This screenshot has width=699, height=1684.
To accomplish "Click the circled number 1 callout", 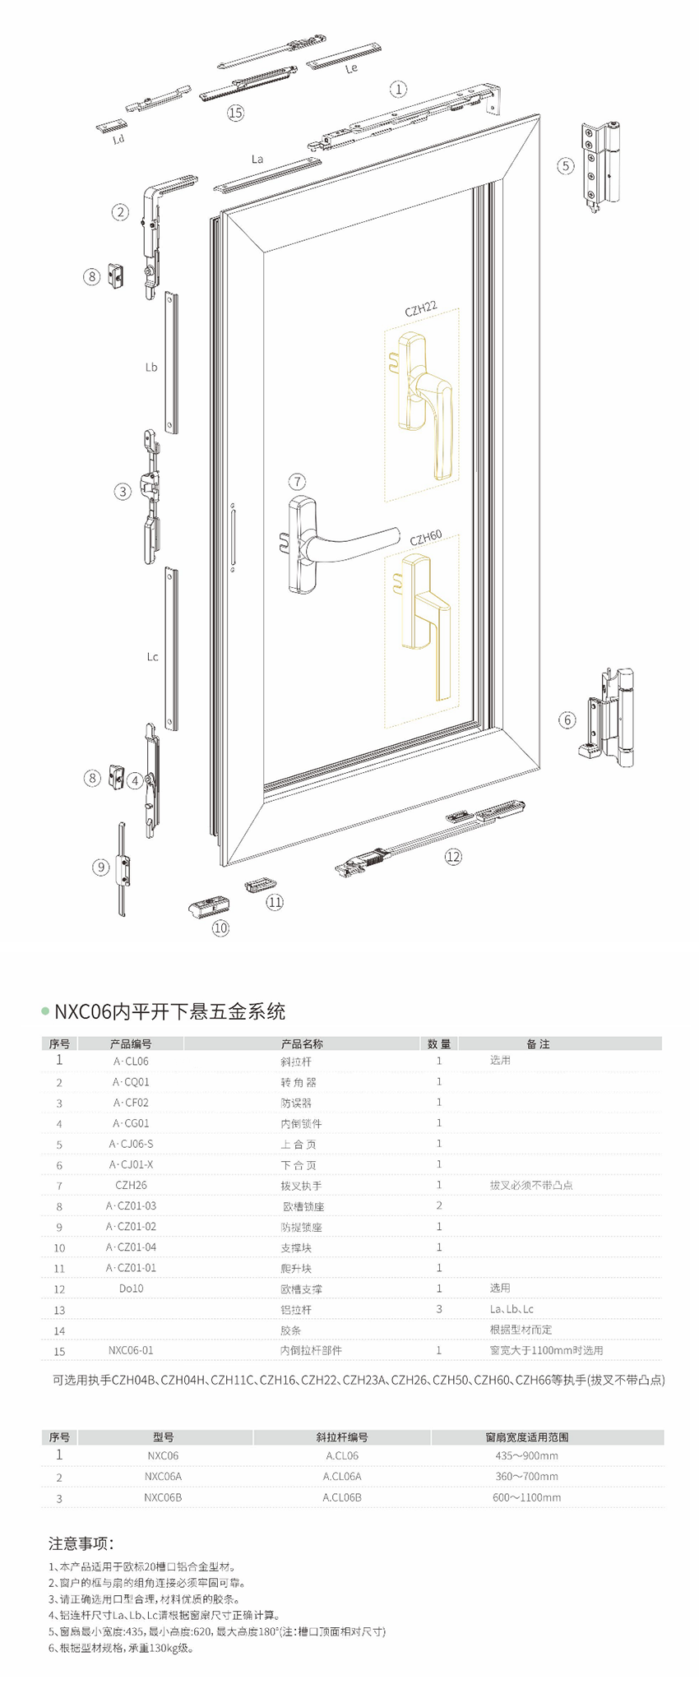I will point(398,89).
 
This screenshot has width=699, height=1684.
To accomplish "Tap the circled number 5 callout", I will point(565,166).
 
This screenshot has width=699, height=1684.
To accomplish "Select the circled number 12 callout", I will point(453,857).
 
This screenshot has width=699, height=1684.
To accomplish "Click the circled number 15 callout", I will point(236,113).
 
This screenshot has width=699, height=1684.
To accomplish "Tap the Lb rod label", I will point(151,368).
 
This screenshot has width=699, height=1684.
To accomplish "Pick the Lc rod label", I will point(152,657).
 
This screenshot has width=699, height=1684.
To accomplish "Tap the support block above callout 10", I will point(208,906).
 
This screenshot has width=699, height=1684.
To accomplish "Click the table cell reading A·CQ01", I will point(131,1082).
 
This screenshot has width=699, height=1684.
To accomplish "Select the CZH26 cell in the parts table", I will point(131,1185).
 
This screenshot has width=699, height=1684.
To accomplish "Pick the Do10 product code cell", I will point(131,1288).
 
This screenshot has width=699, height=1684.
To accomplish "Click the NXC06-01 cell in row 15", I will point(131,1350).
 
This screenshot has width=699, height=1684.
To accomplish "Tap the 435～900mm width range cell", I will point(526,1455).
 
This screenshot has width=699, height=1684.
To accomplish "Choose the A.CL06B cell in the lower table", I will point(342,1497).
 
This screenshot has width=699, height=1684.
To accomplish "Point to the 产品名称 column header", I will point(302,1044).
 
